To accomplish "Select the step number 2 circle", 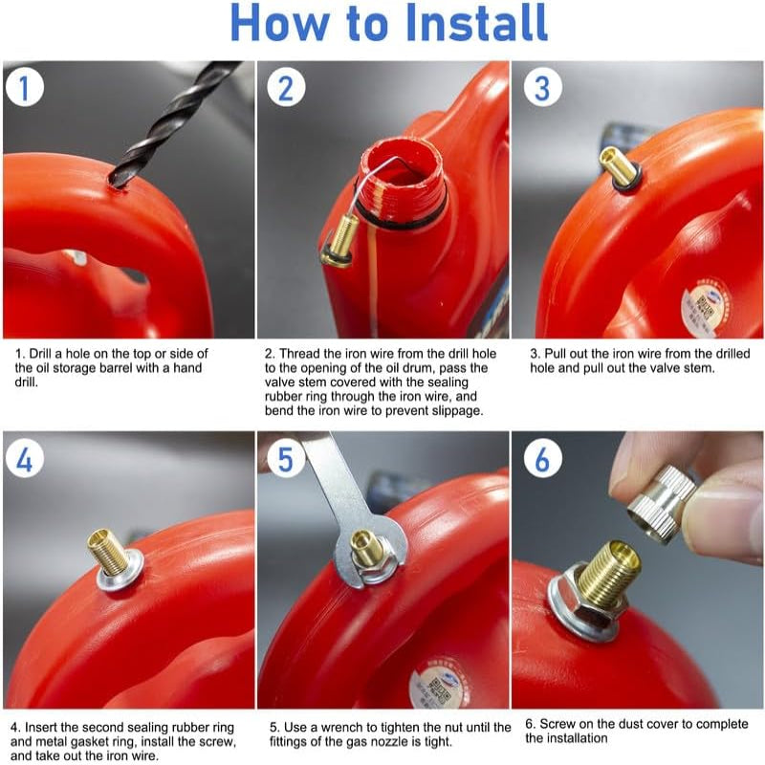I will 285,88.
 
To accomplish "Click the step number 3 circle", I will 542,88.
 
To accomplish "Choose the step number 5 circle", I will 285,460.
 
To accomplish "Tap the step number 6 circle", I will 542,460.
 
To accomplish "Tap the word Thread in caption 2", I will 298,353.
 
